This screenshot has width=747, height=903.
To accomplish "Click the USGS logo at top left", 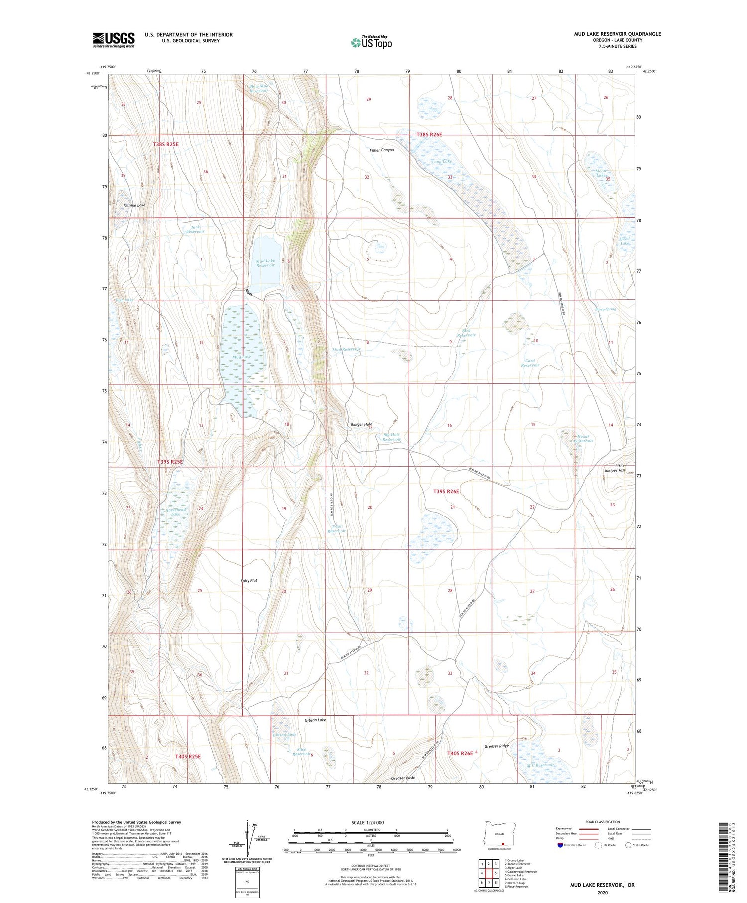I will (x=114, y=40).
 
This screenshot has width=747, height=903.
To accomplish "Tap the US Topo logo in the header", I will (x=371, y=42).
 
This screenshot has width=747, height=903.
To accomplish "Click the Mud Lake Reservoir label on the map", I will (x=265, y=263).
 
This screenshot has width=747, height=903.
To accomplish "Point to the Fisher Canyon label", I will (x=381, y=150).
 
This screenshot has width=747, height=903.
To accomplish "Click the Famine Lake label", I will (x=134, y=205).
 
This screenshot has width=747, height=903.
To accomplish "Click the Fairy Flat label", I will (x=249, y=581).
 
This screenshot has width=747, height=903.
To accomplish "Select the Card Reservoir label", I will (x=530, y=363).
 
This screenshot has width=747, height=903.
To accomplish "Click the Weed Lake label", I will (x=624, y=241).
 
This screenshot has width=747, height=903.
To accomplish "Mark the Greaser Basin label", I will (x=403, y=778).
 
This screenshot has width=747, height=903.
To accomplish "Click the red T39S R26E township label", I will (x=446, y=491).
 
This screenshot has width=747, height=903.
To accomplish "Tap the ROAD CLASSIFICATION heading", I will (x=602, y=822).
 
